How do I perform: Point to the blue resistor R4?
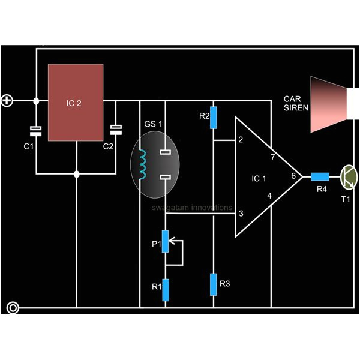(x=320, y=176)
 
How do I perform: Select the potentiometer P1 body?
(x=166, y=242)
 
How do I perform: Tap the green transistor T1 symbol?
(x=347, y=176)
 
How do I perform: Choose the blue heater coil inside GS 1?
(x=143, y=165)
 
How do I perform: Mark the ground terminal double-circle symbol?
(x=12, y=308)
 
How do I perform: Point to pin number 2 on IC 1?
(x=240, y=140)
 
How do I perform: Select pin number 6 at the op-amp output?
(x=293, y=176)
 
